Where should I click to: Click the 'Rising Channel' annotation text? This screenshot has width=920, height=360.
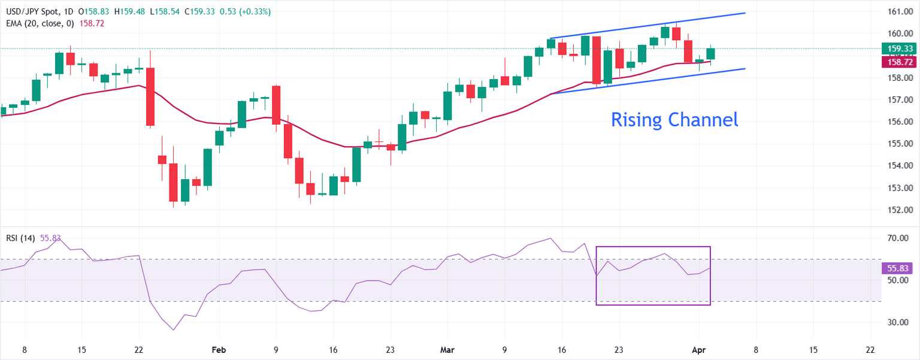tap(674, 120)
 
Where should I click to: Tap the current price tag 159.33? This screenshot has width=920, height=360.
tap(900, 49)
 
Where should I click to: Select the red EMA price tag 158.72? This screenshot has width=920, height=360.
tap(900, 62)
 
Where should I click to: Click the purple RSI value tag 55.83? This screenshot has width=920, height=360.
tap(900, 268)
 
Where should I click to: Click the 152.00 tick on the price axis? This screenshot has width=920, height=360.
tap(899, 210)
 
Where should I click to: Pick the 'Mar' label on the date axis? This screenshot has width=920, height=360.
tap(447, 349)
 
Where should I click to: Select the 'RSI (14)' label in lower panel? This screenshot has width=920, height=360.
tap(20, 238)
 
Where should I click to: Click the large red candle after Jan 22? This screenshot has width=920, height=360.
tap(150, 96)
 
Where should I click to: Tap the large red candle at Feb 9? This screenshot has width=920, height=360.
tap(276, 105)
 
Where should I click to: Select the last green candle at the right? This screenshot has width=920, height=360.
tap(711, 54)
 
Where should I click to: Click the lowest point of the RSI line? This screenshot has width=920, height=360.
tap(174, 330)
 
